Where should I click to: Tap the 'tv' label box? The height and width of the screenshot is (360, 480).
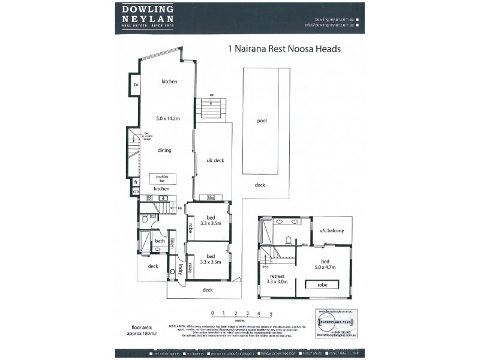pyautogui.click(x=136, y=85)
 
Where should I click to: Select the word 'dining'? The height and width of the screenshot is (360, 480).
pyautogui.click(x=165, y=151)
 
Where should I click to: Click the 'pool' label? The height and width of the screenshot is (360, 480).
pyautogui.click(x=262, y=121)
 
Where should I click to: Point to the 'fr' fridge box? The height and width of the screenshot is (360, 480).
pyautogui.click(x=136, y=181)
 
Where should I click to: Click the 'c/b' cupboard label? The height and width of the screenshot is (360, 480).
pyautogui.click(x=136, y=191)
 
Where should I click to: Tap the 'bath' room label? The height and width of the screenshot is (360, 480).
pyautogui.click(x=160, y=241)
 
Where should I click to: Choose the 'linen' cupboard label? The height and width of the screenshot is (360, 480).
pyautogui.click(x=172, y=244)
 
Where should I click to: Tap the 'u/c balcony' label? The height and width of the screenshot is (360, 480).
pyautogui.click(x=331, y=230)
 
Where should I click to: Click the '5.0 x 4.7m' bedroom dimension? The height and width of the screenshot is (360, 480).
pyautogui.click(x=325, y=268)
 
